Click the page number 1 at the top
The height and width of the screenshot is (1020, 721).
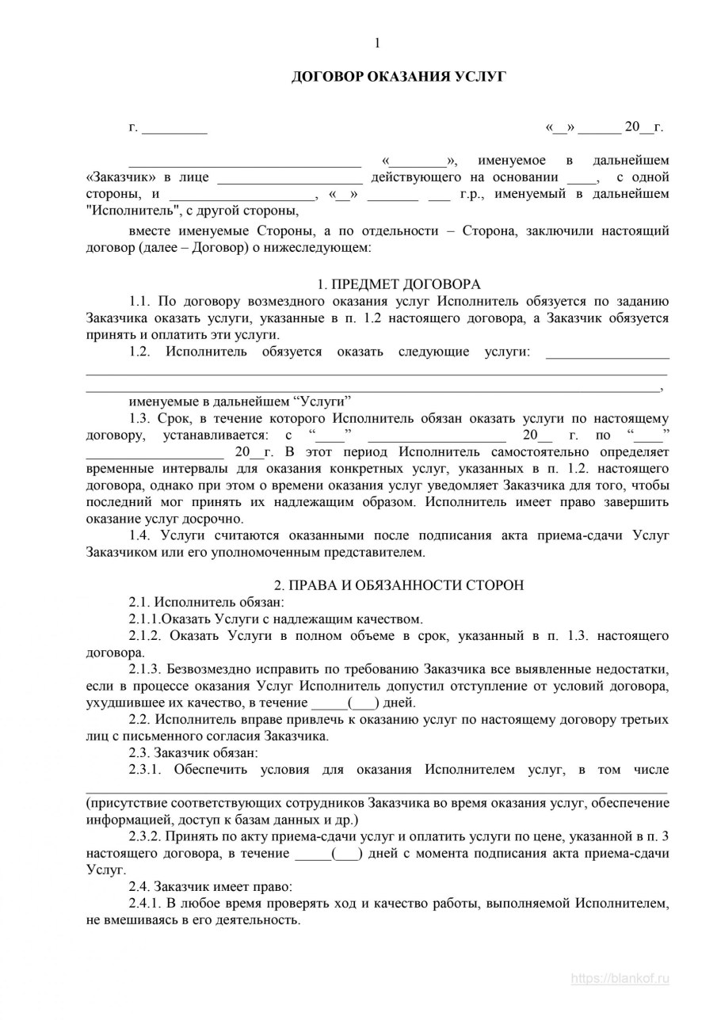pyautogui.click(x=377, y=43)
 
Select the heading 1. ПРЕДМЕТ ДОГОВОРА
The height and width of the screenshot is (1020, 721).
pyautogui.click(x=399, y=284)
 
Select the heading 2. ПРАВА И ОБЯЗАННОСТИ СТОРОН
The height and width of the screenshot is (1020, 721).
pyautogui.click(x=399, y=585)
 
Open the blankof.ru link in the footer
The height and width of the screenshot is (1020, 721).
pyautogui.click(x=620, y=978)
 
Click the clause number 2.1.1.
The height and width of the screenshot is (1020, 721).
pyautogui.click(x=145, y=618)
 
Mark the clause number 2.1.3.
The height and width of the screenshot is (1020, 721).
pyautogui.click(x=145, y=668)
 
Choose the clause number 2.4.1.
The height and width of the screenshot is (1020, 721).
pyautogui.click(x=145, y=903)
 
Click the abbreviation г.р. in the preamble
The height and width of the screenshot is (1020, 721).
pyautogui.click(x=475, y=194)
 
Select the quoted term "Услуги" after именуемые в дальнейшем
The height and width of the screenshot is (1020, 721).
pyautogui.click(x=322, y=402)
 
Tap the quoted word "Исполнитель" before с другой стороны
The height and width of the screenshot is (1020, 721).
pyautogui.click(x=132, y=211)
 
